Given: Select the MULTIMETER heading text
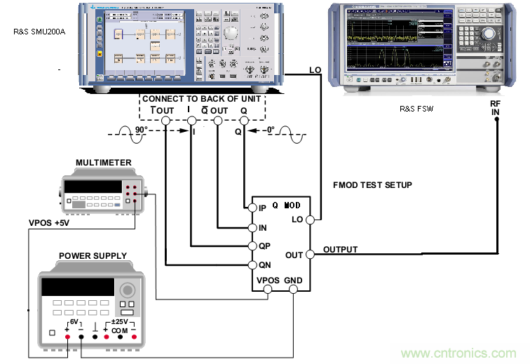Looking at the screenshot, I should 103,163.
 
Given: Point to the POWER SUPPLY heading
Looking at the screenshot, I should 93,255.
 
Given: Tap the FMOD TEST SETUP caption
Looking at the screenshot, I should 372,185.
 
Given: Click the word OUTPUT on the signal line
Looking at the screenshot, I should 341,250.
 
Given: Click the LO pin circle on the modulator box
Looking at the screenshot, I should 313,220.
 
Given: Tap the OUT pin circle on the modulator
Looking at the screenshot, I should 313,255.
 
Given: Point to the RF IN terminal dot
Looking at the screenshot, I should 497,119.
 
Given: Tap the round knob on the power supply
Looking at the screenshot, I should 127,290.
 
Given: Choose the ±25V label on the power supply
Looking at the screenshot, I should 120,322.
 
